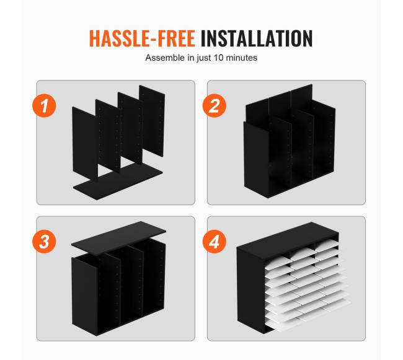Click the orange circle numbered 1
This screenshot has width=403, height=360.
(x=44, y=105)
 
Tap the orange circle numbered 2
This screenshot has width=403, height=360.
(x=215, y=105)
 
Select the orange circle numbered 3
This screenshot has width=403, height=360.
(x=44, y=242)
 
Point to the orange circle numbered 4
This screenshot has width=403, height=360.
(x=215, y=242)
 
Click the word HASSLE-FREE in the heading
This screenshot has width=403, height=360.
(x=142, y=38)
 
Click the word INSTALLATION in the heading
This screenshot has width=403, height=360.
(x=257, y=38)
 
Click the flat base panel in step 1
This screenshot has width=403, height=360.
(x=118, y=182)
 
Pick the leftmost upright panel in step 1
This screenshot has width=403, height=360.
(x=85, y=144)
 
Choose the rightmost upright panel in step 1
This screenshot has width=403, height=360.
(x=152, y=120)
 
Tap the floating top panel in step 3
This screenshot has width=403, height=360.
(x=118, y=238)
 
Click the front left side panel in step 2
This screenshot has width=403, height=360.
(x=256, y=157)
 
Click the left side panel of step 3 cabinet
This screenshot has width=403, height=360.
(x=84, y=294)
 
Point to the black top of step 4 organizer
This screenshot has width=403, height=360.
(x=287, y=240)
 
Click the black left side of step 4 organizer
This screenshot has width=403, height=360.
(x=251, y=289)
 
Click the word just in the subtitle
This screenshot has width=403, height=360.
(x=205, y=58)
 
